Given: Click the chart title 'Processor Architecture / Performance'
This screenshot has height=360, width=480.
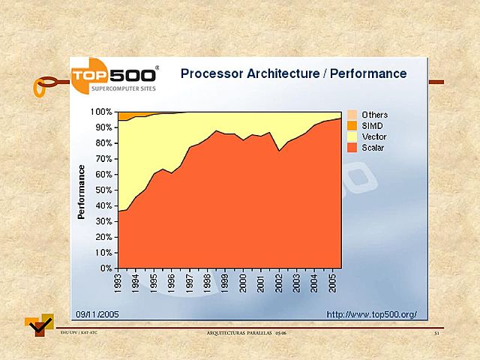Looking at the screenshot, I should [x=293, y=73].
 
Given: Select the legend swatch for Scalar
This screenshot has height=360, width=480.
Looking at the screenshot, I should [x=352, y=148].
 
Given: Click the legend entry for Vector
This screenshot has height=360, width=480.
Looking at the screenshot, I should [x=373, y=136].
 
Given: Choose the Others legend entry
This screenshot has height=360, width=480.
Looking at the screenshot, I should [x=374, y=115].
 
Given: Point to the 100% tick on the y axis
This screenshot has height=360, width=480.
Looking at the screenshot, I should [x=102, y=112].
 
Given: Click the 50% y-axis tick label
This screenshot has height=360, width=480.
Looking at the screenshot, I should [x=104, y=190].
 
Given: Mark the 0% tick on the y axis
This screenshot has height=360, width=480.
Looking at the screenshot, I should [x=106, y=268].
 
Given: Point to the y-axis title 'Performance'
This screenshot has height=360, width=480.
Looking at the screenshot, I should [x=82, y=192].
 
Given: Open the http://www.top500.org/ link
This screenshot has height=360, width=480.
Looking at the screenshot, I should [x=371, y=313].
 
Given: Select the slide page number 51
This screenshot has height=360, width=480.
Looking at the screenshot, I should [x=436, y=332].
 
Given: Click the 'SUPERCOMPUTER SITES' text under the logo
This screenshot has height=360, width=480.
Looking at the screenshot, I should [x=118, y=88].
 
